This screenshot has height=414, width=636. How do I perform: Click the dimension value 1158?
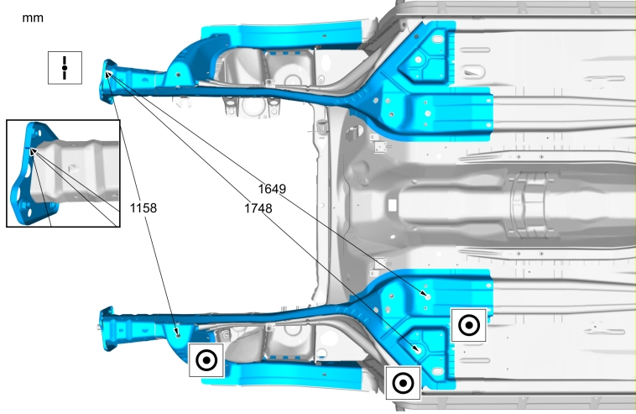143,207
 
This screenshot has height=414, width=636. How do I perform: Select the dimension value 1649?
272,189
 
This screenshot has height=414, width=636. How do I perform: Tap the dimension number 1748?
258,208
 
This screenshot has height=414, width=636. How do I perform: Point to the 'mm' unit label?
33,18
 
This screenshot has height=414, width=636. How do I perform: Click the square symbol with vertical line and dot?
65,68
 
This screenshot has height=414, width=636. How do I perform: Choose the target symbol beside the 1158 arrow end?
206,360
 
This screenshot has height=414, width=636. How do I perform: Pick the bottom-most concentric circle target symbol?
403,383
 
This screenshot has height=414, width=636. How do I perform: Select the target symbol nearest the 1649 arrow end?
469,325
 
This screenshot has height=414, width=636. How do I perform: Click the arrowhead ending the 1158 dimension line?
176,333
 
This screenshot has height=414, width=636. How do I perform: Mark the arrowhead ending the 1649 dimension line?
425,294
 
